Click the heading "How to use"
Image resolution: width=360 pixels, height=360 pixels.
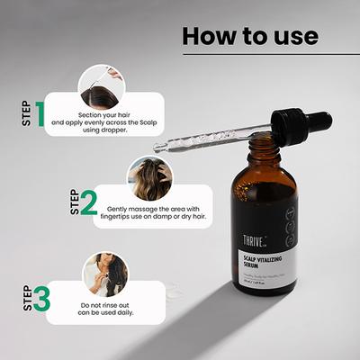[250, 36]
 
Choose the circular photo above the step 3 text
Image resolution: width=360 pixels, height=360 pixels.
[104, 273]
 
